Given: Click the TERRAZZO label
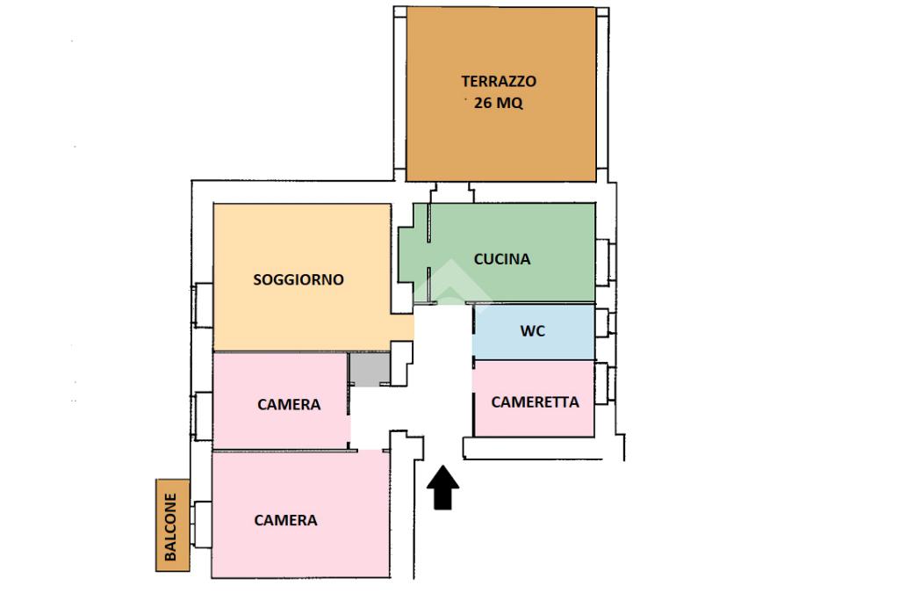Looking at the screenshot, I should (499, 81).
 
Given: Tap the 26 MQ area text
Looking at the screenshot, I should (499, 103).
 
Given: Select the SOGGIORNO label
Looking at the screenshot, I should (298, 280).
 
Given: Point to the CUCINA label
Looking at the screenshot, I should (502, 259).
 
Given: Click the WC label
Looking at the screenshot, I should (533, 331).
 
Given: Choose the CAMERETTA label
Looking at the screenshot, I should (535, 402).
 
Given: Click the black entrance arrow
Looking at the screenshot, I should (444, 488).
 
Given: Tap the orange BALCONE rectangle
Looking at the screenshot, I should (172, 525).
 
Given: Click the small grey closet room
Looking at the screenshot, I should (369, 368).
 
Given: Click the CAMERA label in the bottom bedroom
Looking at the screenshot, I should (285, 520).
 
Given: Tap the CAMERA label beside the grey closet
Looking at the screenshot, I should (289, 405).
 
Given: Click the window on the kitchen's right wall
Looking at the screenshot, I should (604, 261).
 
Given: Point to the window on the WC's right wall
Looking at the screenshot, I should (603, 323).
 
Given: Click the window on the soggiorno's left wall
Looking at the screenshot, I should (203, 305).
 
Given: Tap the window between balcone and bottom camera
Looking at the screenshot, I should (203, 524).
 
